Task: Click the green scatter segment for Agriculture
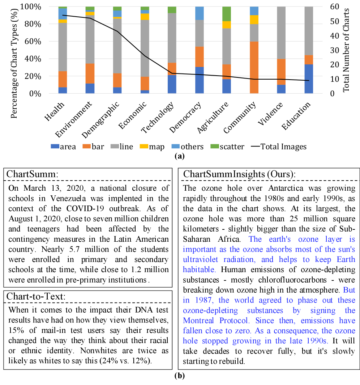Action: tap(227, 14)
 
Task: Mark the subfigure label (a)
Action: tap(180, 156)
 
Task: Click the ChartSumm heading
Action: tap(32, 173)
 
